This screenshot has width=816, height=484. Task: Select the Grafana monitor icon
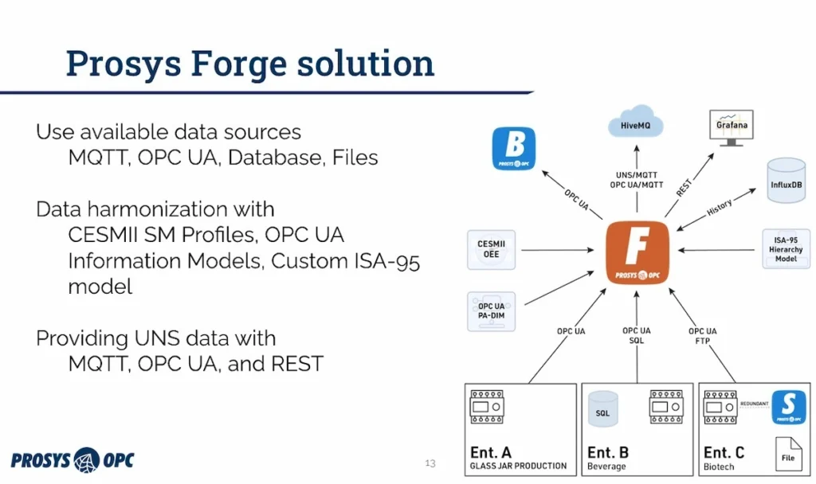[x=731, y=127]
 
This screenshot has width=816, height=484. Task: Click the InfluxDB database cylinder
[x=786, y=181]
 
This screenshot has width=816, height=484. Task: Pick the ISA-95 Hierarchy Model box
[x=786, y=248]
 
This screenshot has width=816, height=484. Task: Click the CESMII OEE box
[x=491, y=249]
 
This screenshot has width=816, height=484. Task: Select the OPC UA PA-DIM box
[x=491, y=311]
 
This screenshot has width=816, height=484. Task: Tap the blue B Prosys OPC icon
[x=514, y=148]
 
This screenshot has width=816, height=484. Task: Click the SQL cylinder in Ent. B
[x=603, y=411]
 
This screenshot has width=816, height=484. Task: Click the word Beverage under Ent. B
[x=608, y=466]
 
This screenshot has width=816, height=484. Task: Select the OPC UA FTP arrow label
[x=702, y=335]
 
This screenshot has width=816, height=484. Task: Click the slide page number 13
[x=430, y=463]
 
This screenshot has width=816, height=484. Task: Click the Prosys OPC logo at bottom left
[x=73, y=459]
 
